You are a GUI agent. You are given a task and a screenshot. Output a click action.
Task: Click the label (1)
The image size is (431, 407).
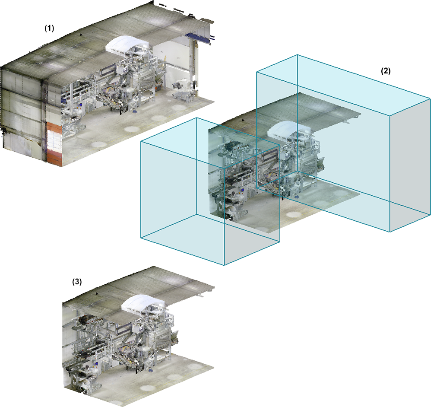click(50, 29)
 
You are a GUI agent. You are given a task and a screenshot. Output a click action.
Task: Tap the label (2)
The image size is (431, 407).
click(385, 71)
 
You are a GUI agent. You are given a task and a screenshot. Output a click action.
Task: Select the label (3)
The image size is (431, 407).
click(77, 282)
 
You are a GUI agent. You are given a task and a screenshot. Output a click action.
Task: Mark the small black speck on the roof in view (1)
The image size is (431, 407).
click(80, 35)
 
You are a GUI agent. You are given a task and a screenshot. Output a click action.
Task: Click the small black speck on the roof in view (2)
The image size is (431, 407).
click(243, 120)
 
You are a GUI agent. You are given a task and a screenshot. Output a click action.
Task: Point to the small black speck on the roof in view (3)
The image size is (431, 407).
click(96, 294)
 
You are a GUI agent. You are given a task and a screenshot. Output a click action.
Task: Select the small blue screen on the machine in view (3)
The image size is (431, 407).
click(96, 364)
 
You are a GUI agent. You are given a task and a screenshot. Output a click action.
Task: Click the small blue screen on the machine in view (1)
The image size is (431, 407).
click(81, 105)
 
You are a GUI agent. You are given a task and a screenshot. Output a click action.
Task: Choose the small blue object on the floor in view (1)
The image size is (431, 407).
click(135, 111)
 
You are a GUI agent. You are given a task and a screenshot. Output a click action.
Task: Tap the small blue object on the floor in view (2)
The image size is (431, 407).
click(296, 197)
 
